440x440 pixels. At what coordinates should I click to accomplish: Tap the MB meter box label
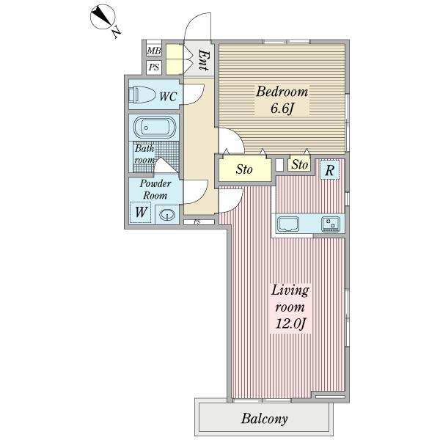(154, 51)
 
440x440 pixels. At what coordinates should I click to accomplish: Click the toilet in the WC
(142, 95)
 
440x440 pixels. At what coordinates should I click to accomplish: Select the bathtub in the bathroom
(155, 128)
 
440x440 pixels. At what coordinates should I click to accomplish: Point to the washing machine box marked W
(141, 213)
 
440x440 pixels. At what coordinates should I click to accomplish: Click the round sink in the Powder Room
(167, 215)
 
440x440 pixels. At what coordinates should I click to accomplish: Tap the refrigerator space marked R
(330, 169)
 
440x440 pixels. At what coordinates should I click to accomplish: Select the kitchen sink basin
(287, 224)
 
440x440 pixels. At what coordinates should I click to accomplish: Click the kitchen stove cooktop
(331, 224)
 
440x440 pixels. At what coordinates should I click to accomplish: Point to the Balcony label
(264, 419)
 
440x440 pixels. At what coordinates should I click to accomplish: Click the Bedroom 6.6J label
(282, 100)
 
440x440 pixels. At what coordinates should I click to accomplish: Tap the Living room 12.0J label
(290, 307)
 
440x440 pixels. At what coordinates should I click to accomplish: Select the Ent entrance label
(203, 60)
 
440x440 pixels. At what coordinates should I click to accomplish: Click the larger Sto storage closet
(245, 169)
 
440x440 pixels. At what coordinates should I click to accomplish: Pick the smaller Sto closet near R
(299, 164)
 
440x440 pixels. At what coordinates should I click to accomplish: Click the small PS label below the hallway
(197, 222)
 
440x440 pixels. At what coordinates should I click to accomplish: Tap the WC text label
(168, 97)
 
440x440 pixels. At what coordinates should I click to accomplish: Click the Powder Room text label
(155, 189)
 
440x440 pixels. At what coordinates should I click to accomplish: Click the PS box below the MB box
(154, 67)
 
